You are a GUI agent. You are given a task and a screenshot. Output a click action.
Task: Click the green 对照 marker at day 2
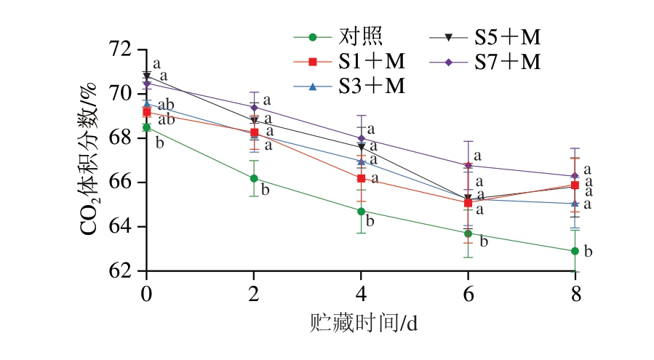point(254,178)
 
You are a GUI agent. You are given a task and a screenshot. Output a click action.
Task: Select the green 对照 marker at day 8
point(575,251)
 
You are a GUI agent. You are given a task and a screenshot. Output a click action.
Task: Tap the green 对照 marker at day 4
point(361,211)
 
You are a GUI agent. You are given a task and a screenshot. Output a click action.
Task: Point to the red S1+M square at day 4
point(361,178)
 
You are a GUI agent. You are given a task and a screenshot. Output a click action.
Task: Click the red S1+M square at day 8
point(575,185)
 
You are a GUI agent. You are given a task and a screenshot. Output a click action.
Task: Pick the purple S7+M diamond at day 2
point(254,107)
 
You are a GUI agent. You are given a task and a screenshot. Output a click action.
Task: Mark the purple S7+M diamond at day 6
point(468,165)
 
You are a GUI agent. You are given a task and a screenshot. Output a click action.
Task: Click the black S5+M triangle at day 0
point(147,76)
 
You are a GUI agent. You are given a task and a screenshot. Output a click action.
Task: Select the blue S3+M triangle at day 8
point(575,204)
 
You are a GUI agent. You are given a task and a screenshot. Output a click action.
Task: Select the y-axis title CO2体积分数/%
point(89,160)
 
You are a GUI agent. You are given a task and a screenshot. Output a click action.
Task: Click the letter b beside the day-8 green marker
point(589,252)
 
